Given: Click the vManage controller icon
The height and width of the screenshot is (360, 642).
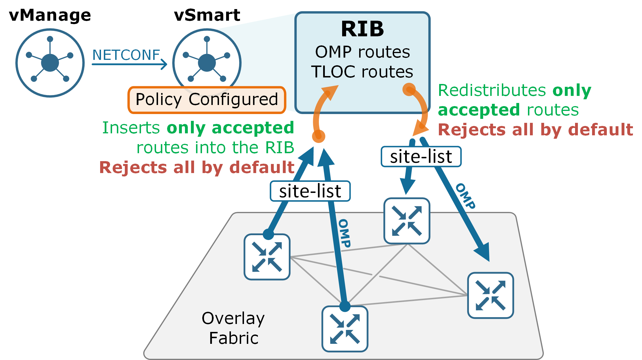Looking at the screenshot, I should tap(50, 63).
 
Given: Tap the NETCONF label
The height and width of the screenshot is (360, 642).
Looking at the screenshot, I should tap(126, 55).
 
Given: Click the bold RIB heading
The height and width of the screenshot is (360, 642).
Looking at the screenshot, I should tap(362, 29).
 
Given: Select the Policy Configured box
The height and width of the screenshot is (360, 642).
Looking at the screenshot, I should tap(207, 100).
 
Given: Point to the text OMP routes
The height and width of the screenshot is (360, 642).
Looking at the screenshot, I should tap(363, 52).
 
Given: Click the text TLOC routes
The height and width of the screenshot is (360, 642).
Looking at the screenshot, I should tap(362, 72).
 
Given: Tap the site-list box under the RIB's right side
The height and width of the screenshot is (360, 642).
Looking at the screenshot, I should tap(421, 157).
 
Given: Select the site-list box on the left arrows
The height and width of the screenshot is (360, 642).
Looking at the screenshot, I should tap(310, 191).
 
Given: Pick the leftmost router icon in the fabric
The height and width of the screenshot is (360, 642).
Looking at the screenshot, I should tap(267, 257).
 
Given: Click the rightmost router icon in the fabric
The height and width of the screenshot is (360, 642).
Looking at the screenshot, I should tap(491, 295).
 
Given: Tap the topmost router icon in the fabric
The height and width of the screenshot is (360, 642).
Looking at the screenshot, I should tap(407, 221).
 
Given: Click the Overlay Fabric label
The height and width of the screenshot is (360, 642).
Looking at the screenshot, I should tap(233, 328).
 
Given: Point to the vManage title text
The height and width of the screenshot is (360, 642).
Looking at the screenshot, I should tap(50, 15).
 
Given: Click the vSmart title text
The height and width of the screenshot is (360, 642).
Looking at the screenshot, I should tap(207, 15).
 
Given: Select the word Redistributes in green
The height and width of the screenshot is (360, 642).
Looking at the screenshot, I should tap(492, 90).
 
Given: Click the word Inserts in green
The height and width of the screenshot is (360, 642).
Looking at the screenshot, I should tap(131, 128).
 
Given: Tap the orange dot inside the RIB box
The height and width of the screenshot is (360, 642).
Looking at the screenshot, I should tap(409, 89).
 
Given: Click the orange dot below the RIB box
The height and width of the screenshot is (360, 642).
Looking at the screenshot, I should tap(319, 136).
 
